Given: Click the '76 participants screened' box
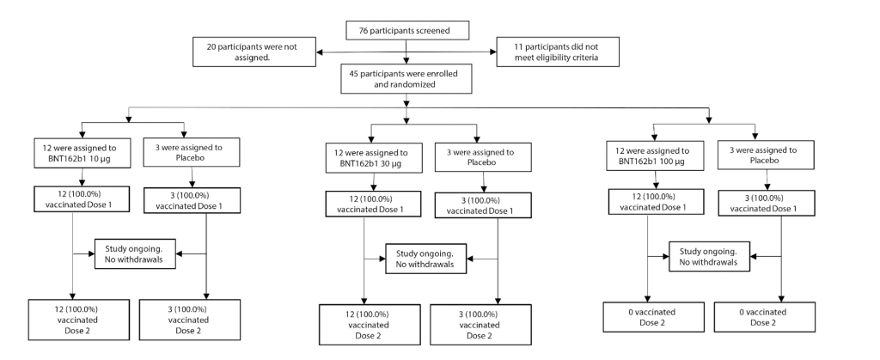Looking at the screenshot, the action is coord(406,30).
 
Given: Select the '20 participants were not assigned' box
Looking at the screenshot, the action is coord(254,52).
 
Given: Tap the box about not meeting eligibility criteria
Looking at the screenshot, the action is coord(559,52).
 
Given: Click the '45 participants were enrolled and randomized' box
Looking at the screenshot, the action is coord(406,78).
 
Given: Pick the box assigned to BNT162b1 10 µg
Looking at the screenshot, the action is coord(82,153).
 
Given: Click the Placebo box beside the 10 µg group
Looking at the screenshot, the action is coord(192,152).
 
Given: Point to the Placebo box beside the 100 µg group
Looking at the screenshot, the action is coord(766,155).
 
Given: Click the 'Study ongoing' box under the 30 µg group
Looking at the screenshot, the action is coord(426,259).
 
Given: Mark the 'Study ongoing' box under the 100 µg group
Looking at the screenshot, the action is coord(709,256).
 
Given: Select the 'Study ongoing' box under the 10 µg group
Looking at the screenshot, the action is coord(135,253).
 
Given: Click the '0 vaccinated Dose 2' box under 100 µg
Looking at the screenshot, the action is coord(654,317).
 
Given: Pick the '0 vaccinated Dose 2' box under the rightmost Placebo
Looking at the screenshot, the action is coord(764,317).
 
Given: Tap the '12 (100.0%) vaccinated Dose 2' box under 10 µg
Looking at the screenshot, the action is coord(79,320).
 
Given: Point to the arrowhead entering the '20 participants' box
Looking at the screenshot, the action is coord(320,52).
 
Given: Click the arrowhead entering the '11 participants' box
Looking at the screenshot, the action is coord(493,52).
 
